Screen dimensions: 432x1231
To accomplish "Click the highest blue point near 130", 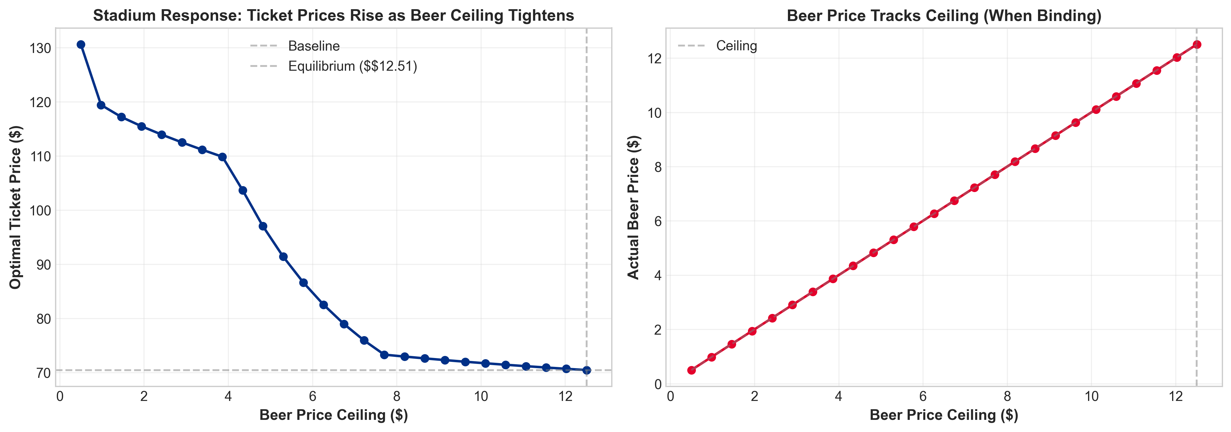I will pyautogui.click(x=81, y=44).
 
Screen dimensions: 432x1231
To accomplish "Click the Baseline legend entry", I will pyautogui.click(x=313, y=46).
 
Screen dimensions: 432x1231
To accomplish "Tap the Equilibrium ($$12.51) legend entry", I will pyautogui.click(x=352, y=66).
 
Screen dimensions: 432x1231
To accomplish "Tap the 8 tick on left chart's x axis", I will pyautogui.click(x=397, y=396).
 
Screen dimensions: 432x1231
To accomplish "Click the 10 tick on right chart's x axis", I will pyautogui.click(x=1092, y=396).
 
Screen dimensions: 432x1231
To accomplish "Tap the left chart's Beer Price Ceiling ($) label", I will pyautogui.click(x=334, y=415).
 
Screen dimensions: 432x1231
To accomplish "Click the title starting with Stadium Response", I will pyautogui.click(x=334, y=16).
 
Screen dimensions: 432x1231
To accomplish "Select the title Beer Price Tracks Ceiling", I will pyautogui.click(x=944, y=16).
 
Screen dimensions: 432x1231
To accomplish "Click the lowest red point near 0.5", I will pyautogui.click(x=691, y=370).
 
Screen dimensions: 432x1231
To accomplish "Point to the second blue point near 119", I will pyautogui.click(x=101, y=105).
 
